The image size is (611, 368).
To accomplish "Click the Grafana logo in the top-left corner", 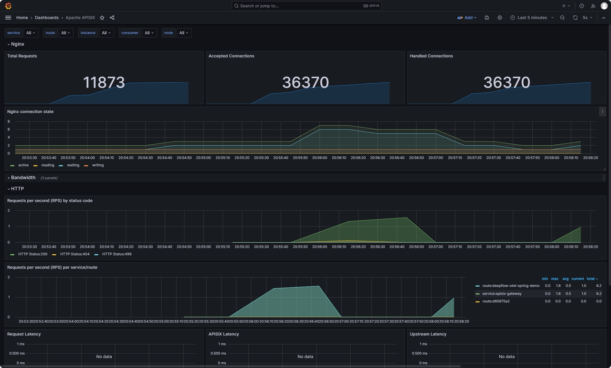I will tap(8, 6).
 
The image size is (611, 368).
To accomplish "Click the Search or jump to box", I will tap(306, 6).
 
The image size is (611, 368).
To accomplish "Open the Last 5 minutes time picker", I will tap(532, 18).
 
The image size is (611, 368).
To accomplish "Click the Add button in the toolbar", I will tap(467, 18).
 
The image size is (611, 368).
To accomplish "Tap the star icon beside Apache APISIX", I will tap(102, 18).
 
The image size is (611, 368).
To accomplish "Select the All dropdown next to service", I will tap(31, 33).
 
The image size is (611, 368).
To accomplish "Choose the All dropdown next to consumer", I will tap(149, 33).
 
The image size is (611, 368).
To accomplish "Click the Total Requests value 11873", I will tap(104, 82).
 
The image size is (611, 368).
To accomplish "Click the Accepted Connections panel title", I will tap(231, 56).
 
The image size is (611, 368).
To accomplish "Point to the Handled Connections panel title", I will tap(431, 56).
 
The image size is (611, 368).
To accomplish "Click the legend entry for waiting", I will tap(73, 165).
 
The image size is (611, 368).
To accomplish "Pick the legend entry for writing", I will tap(97, 165).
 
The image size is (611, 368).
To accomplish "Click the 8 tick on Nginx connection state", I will tap(9, 121).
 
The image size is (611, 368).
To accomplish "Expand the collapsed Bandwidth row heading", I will tap(23, 178).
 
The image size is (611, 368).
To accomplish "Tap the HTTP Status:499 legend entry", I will tap(116, 254).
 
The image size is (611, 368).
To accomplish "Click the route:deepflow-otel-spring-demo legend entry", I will tap(510, 286).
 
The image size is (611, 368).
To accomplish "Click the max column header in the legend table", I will tap(555, 279).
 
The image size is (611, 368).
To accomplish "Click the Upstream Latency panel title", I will tap(428, 334).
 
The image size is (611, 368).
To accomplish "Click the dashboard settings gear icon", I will tap(500, 18).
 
